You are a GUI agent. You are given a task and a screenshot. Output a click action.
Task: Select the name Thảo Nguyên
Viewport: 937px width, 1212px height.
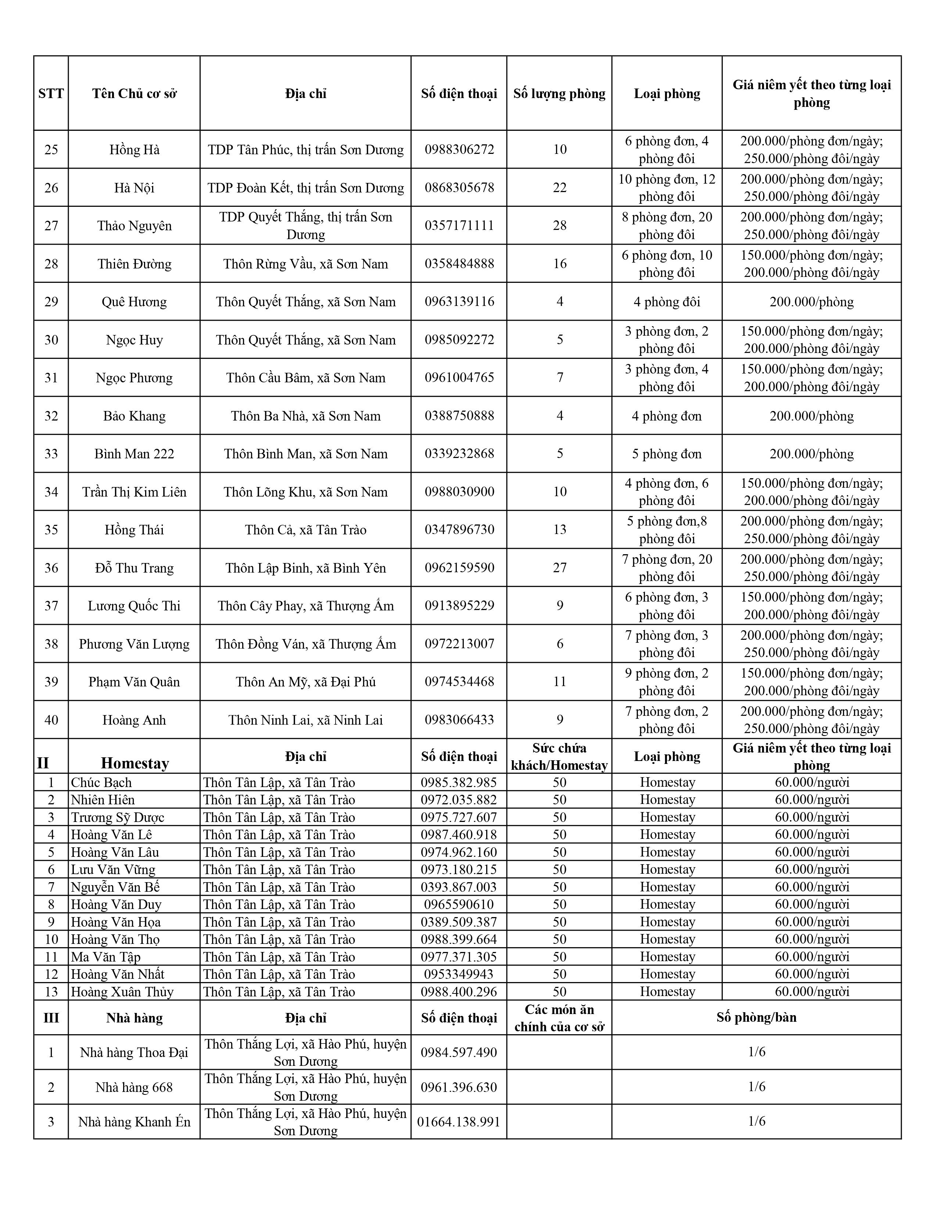(134, 226)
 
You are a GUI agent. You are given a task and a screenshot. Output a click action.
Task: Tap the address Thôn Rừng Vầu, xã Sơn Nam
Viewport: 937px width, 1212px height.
(305, 264)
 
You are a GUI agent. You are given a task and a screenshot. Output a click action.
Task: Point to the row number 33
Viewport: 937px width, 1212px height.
(51, 454)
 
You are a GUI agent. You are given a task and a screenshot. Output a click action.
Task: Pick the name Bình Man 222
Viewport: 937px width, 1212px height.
(134, 454)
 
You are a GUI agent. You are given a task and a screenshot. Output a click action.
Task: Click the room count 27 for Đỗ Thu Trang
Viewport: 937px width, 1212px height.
(560, 568)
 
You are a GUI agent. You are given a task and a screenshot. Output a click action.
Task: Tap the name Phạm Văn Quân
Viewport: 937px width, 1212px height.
(134, 682)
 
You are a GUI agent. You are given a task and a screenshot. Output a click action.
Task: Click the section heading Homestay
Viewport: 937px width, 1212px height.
(135, 764)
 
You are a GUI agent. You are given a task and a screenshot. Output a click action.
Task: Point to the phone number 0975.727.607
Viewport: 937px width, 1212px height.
(459, 818)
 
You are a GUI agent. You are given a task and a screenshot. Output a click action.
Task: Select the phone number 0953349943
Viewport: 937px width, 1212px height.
(459, 974)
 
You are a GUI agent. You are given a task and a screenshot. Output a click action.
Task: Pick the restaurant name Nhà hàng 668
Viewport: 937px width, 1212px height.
(134, 1088)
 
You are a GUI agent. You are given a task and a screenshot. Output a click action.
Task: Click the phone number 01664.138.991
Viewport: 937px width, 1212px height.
(459, 1122)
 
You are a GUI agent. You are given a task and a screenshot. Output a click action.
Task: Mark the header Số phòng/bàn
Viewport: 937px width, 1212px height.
(756, 1018)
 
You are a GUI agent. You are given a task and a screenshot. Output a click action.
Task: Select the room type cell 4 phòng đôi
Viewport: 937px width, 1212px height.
(667, 302)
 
